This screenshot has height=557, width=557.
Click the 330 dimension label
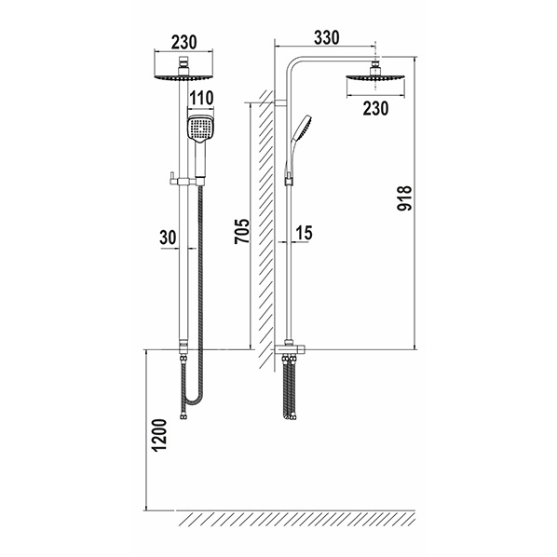(327, 37)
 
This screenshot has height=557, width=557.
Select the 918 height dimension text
(404, 198)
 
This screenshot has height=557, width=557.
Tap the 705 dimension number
(242, 231)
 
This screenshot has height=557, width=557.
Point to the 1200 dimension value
(159, 436)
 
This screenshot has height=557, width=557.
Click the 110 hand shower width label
(201, 98)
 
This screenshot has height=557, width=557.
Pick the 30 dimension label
(168, 238)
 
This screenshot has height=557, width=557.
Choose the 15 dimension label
(304, 233)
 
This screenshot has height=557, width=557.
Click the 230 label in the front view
(184, 42)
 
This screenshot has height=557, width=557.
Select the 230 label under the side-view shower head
(375, 108)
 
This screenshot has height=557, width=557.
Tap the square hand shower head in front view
(200, 129)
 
